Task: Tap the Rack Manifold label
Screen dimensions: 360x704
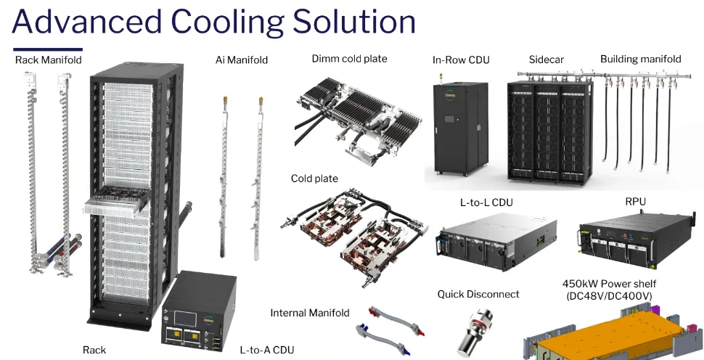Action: click(48, 60)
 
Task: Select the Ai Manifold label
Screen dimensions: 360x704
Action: click(242, 60)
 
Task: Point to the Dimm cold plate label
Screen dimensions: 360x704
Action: click(350, 59)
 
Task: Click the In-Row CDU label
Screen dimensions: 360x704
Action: click(460, 60)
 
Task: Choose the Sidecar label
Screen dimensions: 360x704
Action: click(546, 59)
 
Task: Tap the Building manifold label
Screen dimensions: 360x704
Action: click(640, 59)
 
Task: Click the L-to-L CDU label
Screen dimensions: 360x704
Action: click(486, 202)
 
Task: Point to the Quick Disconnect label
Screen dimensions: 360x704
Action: click(478, 294)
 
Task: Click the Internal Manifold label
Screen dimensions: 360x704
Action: click(310, 313)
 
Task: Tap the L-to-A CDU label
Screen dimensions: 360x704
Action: click(267, 350)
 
